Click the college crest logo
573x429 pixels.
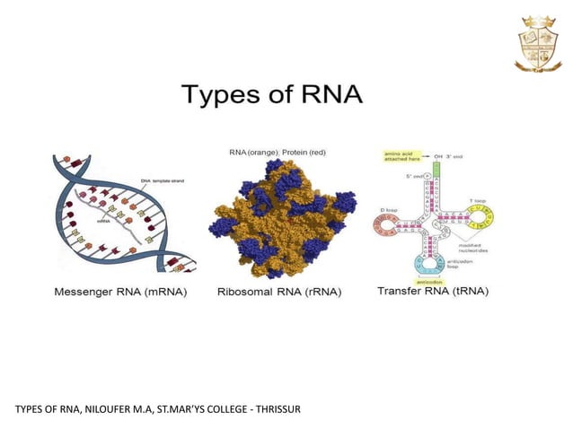click(x=537, y=42)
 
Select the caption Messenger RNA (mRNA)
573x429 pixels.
click(x=121, y=292)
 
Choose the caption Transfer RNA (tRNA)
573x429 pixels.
click(x=432, y=292)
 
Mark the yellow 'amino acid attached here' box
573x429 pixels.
click(x=398, y=156)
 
